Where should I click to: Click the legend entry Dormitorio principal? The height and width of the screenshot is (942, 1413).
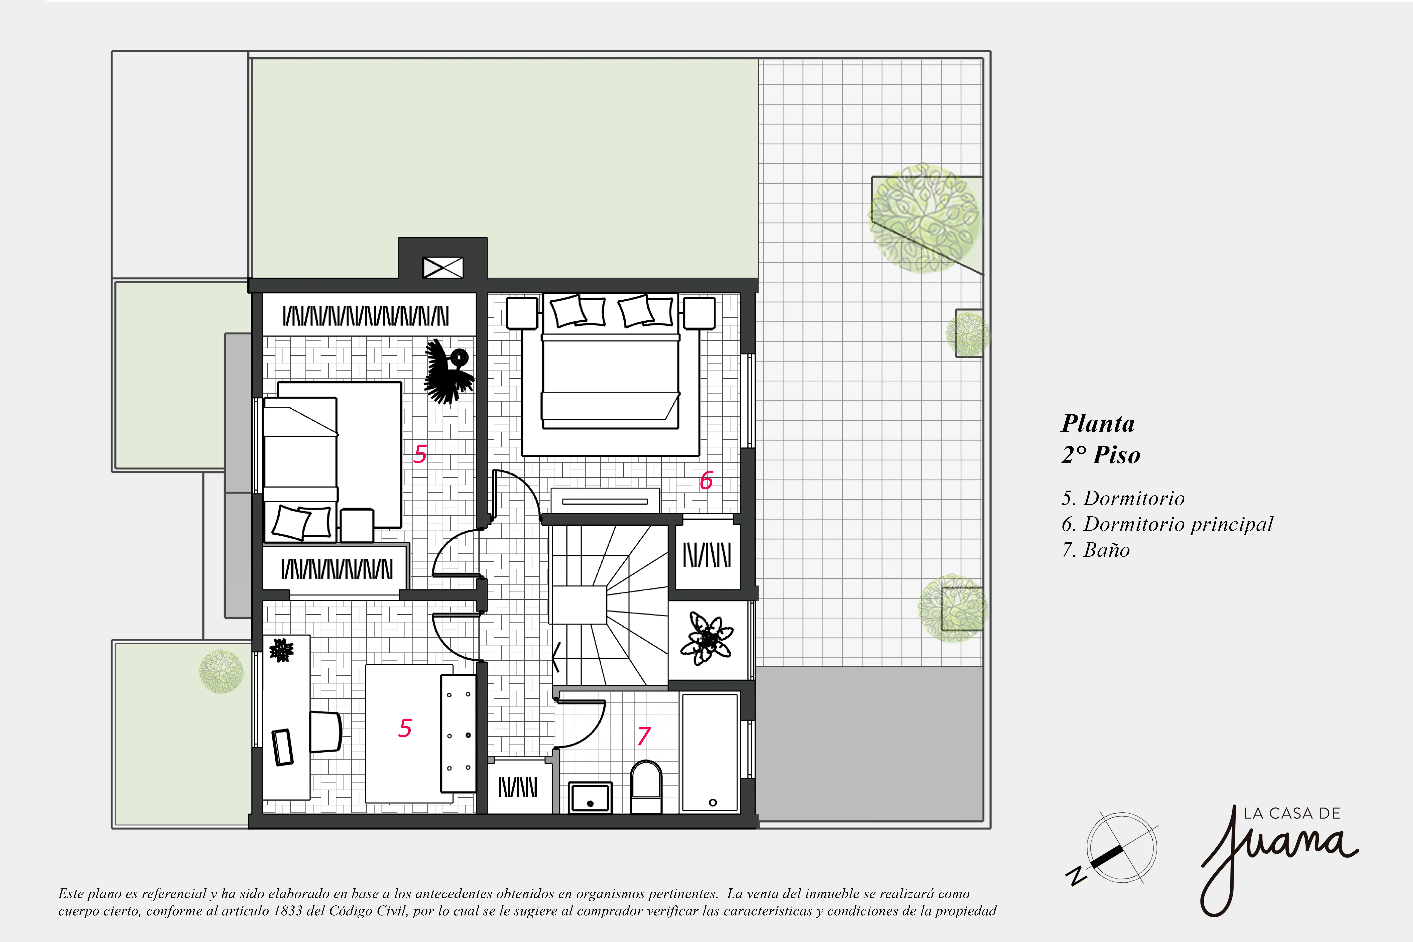pos(1178,524)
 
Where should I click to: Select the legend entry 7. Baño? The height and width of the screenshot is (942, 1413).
pos(1096,550)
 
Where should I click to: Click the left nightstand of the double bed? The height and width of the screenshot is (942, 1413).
pos(522,313)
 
